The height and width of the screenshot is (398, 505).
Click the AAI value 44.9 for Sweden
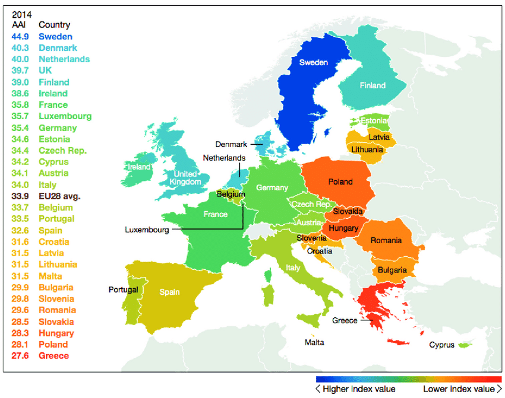click(20, 36)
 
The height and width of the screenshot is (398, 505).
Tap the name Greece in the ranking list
click(53, 356)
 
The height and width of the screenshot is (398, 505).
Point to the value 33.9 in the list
click(20, 196)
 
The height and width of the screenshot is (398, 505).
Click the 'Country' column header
click(54, 25)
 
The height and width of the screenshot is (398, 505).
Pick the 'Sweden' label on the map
click(313, 62)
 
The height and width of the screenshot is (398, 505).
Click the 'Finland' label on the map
click(372, 85)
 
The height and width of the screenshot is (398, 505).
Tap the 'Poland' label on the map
click(340, 182)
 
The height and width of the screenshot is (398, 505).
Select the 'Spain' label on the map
click(169, 292)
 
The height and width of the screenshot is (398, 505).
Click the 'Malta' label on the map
click(314, 342)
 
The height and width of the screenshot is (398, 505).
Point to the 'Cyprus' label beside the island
click(442, 345)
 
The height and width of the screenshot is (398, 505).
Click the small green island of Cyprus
click(464, 345)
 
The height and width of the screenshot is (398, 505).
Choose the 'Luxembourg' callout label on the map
click(147, 230)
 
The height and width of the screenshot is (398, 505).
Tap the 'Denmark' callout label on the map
click(232, 144)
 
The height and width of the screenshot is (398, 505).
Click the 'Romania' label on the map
click(386, 240)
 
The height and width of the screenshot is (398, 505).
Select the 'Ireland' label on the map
click(139, 167)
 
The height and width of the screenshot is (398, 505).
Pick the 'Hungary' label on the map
click(343, 228)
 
